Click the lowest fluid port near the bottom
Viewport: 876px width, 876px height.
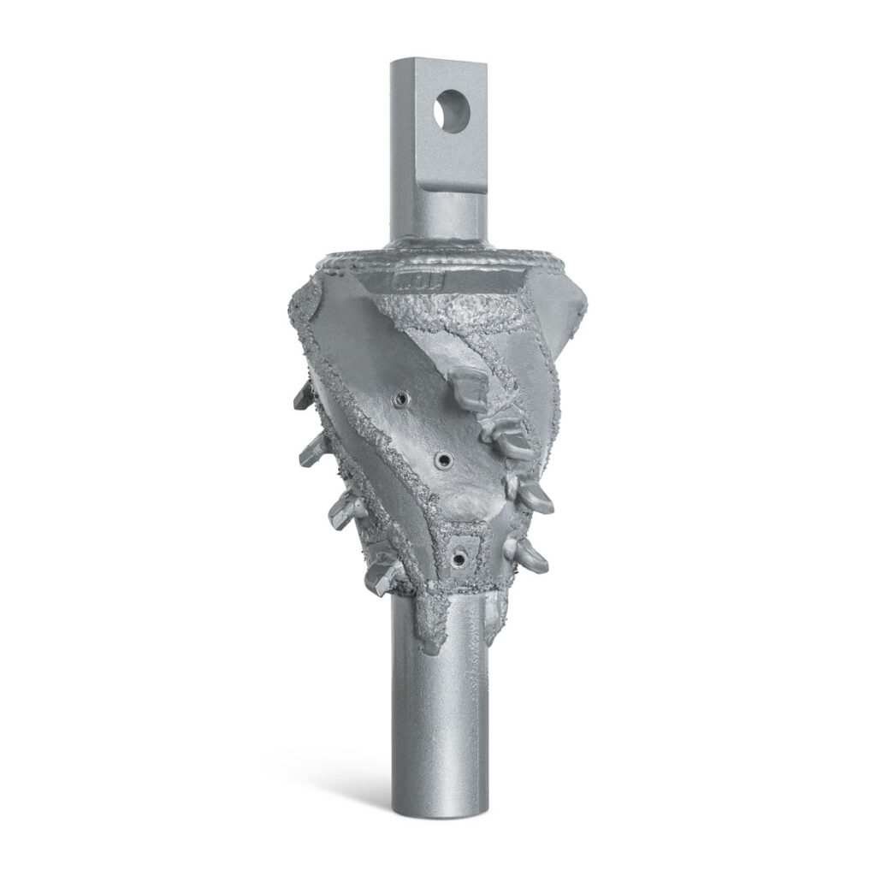click(x=461, y=556)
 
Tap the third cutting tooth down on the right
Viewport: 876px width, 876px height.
click(x=534, y=494)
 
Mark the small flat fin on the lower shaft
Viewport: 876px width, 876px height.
click(x=497, y=611)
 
